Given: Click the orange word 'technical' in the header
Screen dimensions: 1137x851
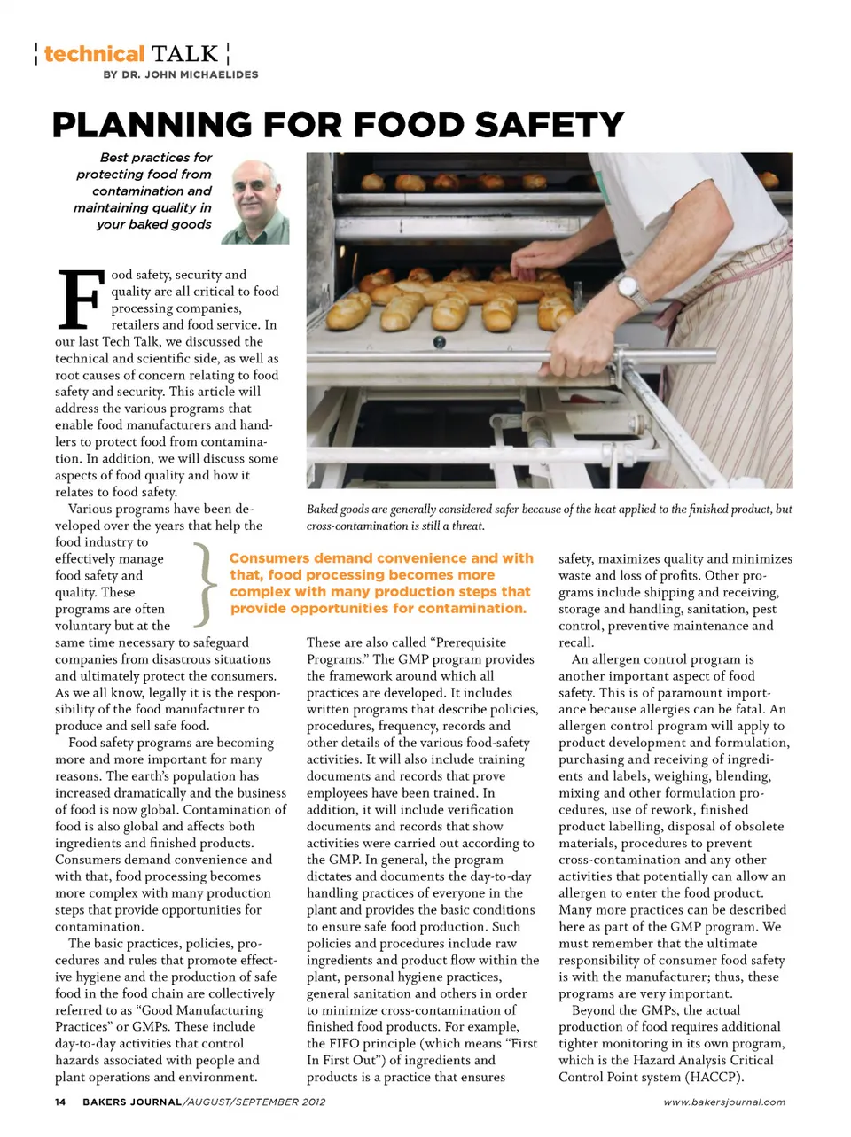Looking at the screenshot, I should [x=93, y=54].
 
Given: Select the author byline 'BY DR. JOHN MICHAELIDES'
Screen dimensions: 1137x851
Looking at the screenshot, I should [x=181, y=75].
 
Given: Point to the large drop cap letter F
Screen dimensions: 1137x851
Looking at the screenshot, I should [x=80, y=298].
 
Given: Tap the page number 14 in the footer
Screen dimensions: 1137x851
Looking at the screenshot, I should [x=60, y=1102].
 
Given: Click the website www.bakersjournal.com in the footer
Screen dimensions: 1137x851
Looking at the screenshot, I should [x=724, y=1102].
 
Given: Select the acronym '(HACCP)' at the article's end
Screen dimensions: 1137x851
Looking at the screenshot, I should [x=713, y=1077].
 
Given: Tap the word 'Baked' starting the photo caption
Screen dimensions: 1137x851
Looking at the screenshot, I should [x=322, y=510].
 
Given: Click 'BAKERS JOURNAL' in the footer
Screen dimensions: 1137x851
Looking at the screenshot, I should [x=133, y=1102].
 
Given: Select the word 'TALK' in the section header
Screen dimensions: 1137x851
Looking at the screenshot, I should [x=184, y=54].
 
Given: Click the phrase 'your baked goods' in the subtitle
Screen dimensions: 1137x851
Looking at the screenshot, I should [x=154, y=224].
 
